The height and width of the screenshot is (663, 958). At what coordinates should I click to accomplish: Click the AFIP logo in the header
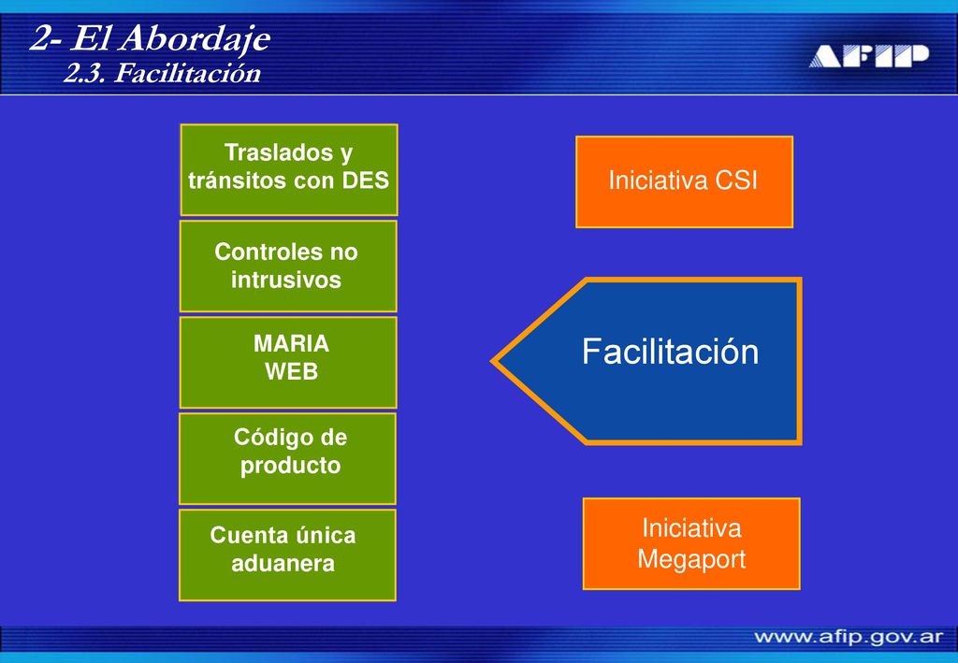tap(869, 55)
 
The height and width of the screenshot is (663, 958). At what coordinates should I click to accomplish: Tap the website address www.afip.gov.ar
tap(849, 638)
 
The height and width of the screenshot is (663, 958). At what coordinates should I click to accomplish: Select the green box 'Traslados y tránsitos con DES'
tap(289, 169)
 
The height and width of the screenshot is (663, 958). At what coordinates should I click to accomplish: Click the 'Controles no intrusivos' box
tap(288, 267)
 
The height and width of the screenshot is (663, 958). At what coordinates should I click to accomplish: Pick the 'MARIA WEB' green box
tap(288, 363)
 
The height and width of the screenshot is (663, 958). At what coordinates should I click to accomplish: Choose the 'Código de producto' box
tap(288, 458)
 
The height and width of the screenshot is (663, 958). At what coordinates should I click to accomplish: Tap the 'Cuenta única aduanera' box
tap(288, 555)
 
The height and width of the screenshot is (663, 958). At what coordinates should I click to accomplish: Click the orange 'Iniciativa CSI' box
tap(684, 182)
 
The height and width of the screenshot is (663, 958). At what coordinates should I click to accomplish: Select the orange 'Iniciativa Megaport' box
tap(691, 544)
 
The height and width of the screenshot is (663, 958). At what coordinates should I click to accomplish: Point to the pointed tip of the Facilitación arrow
tap(492, 361)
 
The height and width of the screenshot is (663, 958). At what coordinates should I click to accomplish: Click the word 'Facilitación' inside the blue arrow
tap(670, 352)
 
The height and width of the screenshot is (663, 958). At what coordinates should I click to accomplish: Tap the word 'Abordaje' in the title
tap(195, 39)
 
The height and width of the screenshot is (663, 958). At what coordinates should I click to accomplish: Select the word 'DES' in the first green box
tap(366, 180)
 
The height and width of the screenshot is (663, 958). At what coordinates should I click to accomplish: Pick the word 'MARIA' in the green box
tap(292, 344)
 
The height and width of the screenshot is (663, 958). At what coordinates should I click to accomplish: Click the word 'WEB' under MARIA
tap(292, 371)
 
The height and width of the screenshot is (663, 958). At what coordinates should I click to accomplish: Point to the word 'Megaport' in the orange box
tap(691, 560)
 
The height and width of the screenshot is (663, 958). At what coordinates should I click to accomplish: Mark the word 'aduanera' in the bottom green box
tap(283, 563)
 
